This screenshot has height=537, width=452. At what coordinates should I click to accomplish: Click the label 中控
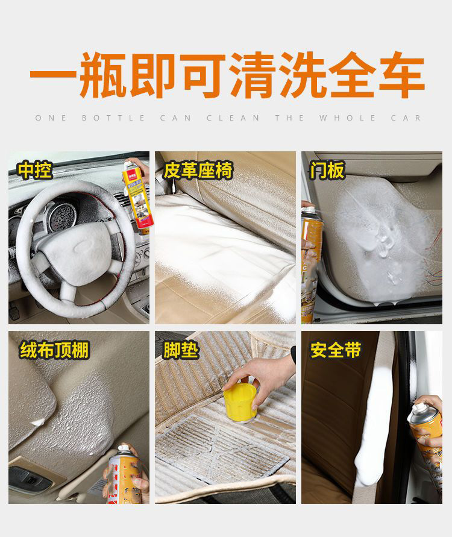pos(35,171)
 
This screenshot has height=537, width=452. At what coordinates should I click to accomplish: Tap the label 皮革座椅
pos(198,171)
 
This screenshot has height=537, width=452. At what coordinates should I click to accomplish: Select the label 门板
pos(328,171)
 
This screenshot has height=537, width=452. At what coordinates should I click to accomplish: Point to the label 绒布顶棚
pos(54,350)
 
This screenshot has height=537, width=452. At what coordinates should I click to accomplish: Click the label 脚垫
pos(181,350)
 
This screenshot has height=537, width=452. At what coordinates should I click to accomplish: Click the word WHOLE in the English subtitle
pos(342,118)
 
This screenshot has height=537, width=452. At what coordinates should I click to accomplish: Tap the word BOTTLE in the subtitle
pos(113,118)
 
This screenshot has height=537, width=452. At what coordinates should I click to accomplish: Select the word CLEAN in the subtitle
pos(233,118)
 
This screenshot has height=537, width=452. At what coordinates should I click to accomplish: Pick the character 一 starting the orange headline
pos(52,75)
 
